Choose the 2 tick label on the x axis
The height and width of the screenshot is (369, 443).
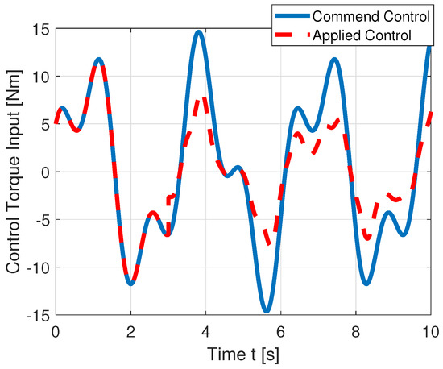(130, 330)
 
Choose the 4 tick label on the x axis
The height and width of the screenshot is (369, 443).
(205, 330)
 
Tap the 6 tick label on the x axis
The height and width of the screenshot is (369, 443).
(281, 330)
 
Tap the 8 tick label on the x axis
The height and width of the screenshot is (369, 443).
(356, 330)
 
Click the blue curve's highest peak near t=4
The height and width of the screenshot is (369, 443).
(198, 32)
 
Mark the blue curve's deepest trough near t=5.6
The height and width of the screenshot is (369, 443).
(267, 311)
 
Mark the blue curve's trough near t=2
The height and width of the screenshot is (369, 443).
(130, 284)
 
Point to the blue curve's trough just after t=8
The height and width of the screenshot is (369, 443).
(366, 284)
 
